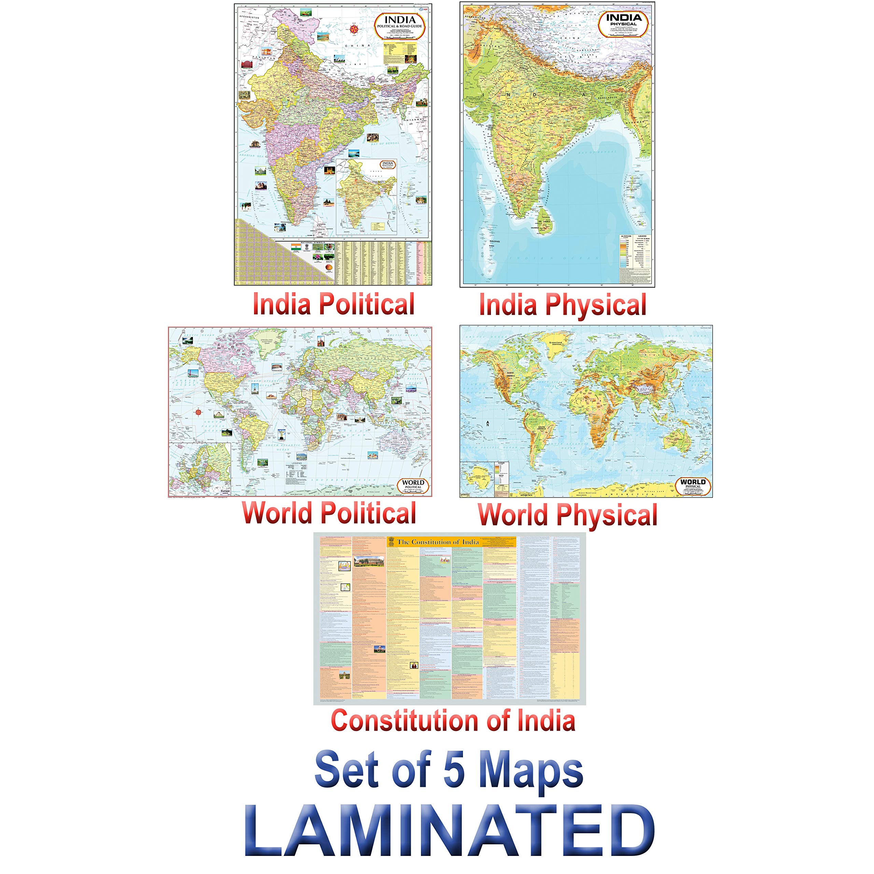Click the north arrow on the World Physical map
pos(488,423)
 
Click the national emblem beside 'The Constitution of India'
pos(391,541)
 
